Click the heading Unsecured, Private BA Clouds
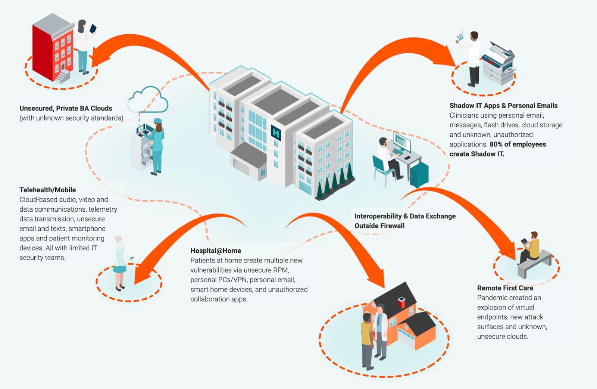click(x=66, y=108)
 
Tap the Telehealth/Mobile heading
click(x=48, y=190)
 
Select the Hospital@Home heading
click(x=216, y=251)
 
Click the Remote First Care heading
click(x=505, y=288)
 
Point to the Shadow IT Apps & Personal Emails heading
click(x=503, y=106)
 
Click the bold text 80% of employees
click(x=518, y=144)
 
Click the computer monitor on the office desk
click(x=402, y=141)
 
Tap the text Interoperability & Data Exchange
click(x=405, y=216)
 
